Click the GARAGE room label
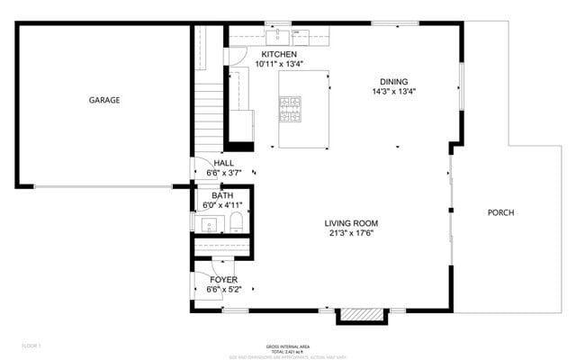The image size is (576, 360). click(103, 100)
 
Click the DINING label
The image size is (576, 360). click(393, 81)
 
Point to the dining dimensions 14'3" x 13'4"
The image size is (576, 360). click(393, 91)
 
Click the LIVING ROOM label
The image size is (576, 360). click(351, 223)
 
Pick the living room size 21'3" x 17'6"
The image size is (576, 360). click(351, 233)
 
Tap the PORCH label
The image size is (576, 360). click(500, 212)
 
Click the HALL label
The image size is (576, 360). click(223, 163)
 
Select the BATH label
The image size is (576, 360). click(222, 195)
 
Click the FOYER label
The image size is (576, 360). click(224, 279)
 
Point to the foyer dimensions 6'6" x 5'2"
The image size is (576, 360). click(224, 289)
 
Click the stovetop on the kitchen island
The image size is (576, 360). click(290, 110)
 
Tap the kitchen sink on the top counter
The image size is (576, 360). click(280, 36)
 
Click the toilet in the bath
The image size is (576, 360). click(236, 222)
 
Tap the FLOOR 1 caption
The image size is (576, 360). click(31, 346)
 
